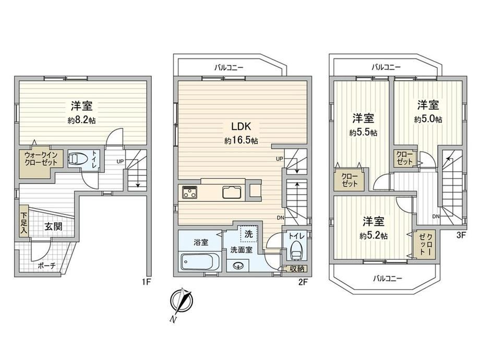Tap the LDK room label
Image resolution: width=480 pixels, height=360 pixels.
pyautogui.click(x=241, y=126)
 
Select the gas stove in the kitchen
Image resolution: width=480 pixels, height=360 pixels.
pyautogui.click(x=189, y=192)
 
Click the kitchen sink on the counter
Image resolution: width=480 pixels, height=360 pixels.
pyautogui.click(x=232, y=192)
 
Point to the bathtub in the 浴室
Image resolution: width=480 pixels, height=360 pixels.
pyautogui.click(x=199, y=262)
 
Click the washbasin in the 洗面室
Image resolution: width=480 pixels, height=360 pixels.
pyautogui.click(x=238, y=266)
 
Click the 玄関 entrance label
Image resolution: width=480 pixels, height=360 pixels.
pyautogui.click(x=54, y=226)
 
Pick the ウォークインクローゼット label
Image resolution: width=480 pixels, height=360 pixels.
pyautogui.click(x=41, y=159)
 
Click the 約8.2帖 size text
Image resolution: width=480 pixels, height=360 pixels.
pyautogui.click(x=81, y=121)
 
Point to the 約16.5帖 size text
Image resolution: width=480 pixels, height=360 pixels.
pyautogui.click(x=241, y=141)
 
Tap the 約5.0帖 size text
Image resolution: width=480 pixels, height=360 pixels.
pyautogui.click(x=428, y=119)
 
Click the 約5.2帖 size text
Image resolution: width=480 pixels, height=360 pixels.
pyautogui.click(x=374, y=236)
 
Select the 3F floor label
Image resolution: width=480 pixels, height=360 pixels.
pyautogui.click(x=461, y=235)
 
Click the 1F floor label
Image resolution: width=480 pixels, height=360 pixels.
pyautogui.click(x=147, y=282)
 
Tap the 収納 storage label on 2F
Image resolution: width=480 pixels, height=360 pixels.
pyautogui.click(x=297, y=269)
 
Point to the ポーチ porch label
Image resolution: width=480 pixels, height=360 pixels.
pyautogui.click(x=47, y=266)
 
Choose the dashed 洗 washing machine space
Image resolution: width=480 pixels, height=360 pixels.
pyautogui.click(x=249, y=234)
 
